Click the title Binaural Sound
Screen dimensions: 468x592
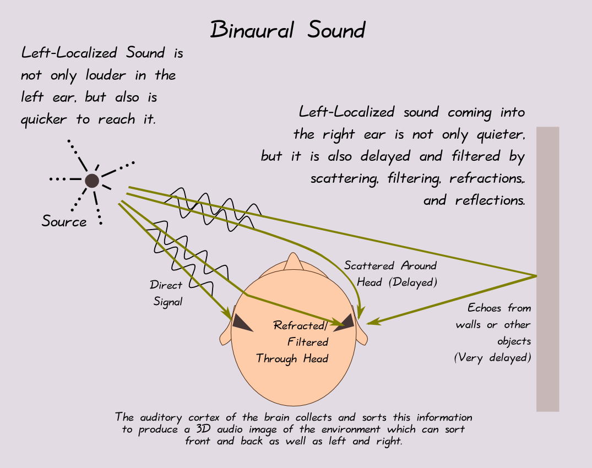[x=287, y=30]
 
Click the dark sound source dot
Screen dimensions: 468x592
[x=91, y=180]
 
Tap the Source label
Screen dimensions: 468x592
[x=64, y=222]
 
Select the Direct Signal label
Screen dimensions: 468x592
[x=166, y=293]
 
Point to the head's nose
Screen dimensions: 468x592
[x=291, y=261]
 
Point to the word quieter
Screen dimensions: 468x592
[x=498, y=134]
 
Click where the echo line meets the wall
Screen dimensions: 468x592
[x=536, y=275]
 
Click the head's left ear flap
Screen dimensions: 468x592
[x=226, y=334]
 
